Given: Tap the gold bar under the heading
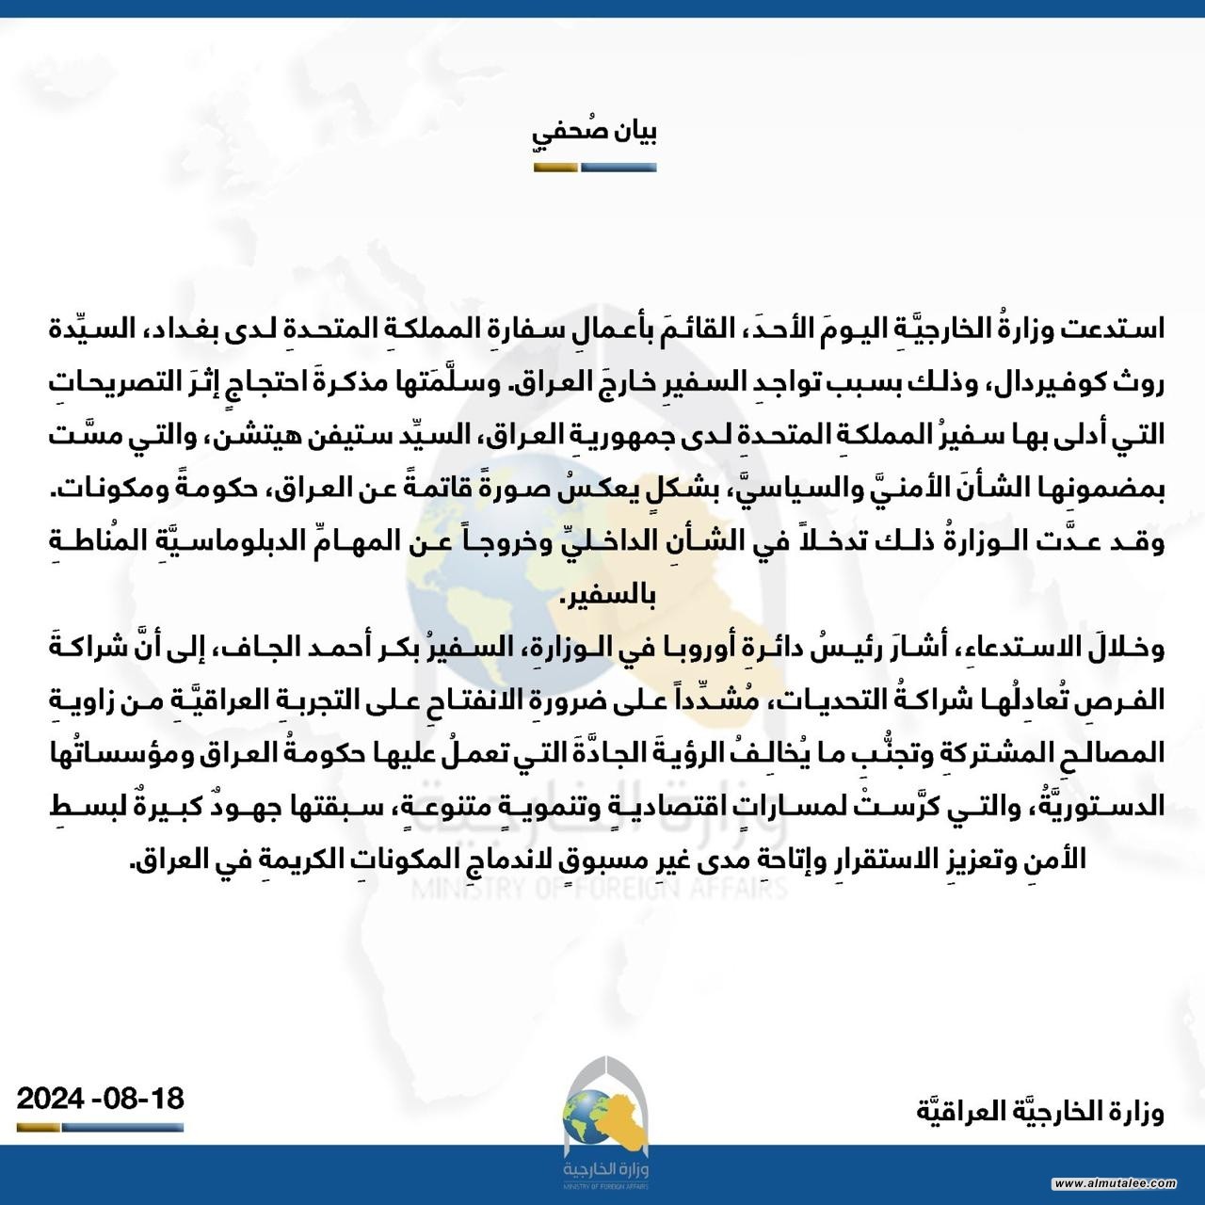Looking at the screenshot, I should coord(555,169).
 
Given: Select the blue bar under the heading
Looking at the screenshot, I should coord(619,169).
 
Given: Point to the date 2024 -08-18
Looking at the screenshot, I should coord(100,1098).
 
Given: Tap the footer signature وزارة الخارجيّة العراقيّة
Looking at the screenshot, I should coord(1040,1112).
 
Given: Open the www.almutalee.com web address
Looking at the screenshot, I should coord(1115,1182).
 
